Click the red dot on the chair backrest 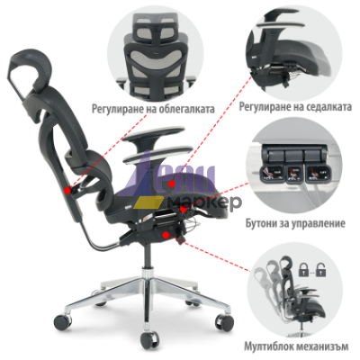click(x=67, y=190)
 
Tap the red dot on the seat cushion click(x=172, y=184)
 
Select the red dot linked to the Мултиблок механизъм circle click(x=165, y=235)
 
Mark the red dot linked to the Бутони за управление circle click(x=183, y=209)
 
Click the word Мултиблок click(x=268, y=346)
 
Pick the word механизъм click(x=322, y=346)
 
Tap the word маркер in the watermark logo click(x=204, y=202)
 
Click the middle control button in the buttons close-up click(x=293, y=174)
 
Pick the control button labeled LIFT click(x=316, y=174)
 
